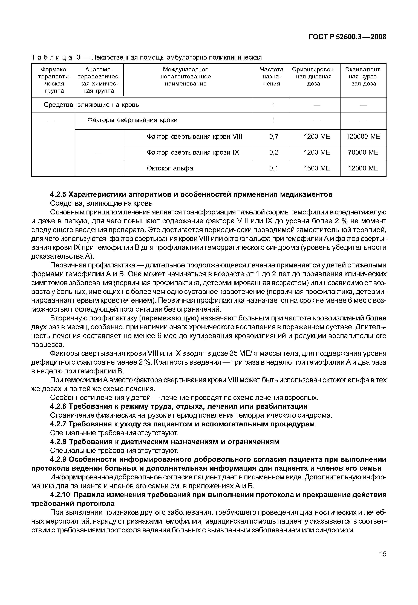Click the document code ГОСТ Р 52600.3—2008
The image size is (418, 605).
(x=347, y=37)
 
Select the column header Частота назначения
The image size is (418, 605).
(x=271, y=77)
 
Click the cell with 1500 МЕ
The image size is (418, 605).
(x=317, y=168)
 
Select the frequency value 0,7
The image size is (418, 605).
(x=274, y=137)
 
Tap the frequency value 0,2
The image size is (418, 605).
(x=274, y=152)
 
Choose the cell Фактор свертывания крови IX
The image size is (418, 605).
(x=193, y=152)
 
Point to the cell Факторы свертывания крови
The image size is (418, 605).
(x=132, y=120)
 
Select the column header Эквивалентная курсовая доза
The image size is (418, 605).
(x=364, y=77)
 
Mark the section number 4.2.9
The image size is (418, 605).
(x=58, y=459)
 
